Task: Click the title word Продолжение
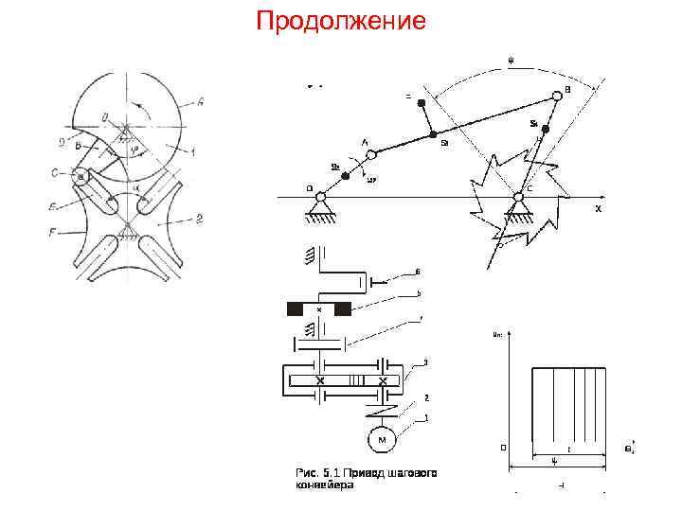point(341,20)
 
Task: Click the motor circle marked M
point(382,440)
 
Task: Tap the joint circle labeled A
point(371,153)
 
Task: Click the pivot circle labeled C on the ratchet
point(518,197)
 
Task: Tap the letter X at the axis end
point(598,208)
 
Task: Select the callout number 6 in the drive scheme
point(417,273)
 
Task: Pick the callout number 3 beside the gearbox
point(426,362)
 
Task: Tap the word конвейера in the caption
point(323,485)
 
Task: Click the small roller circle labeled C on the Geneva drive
point(81,176)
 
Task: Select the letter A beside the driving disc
point(200,101)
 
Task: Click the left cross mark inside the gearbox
point(321,380)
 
